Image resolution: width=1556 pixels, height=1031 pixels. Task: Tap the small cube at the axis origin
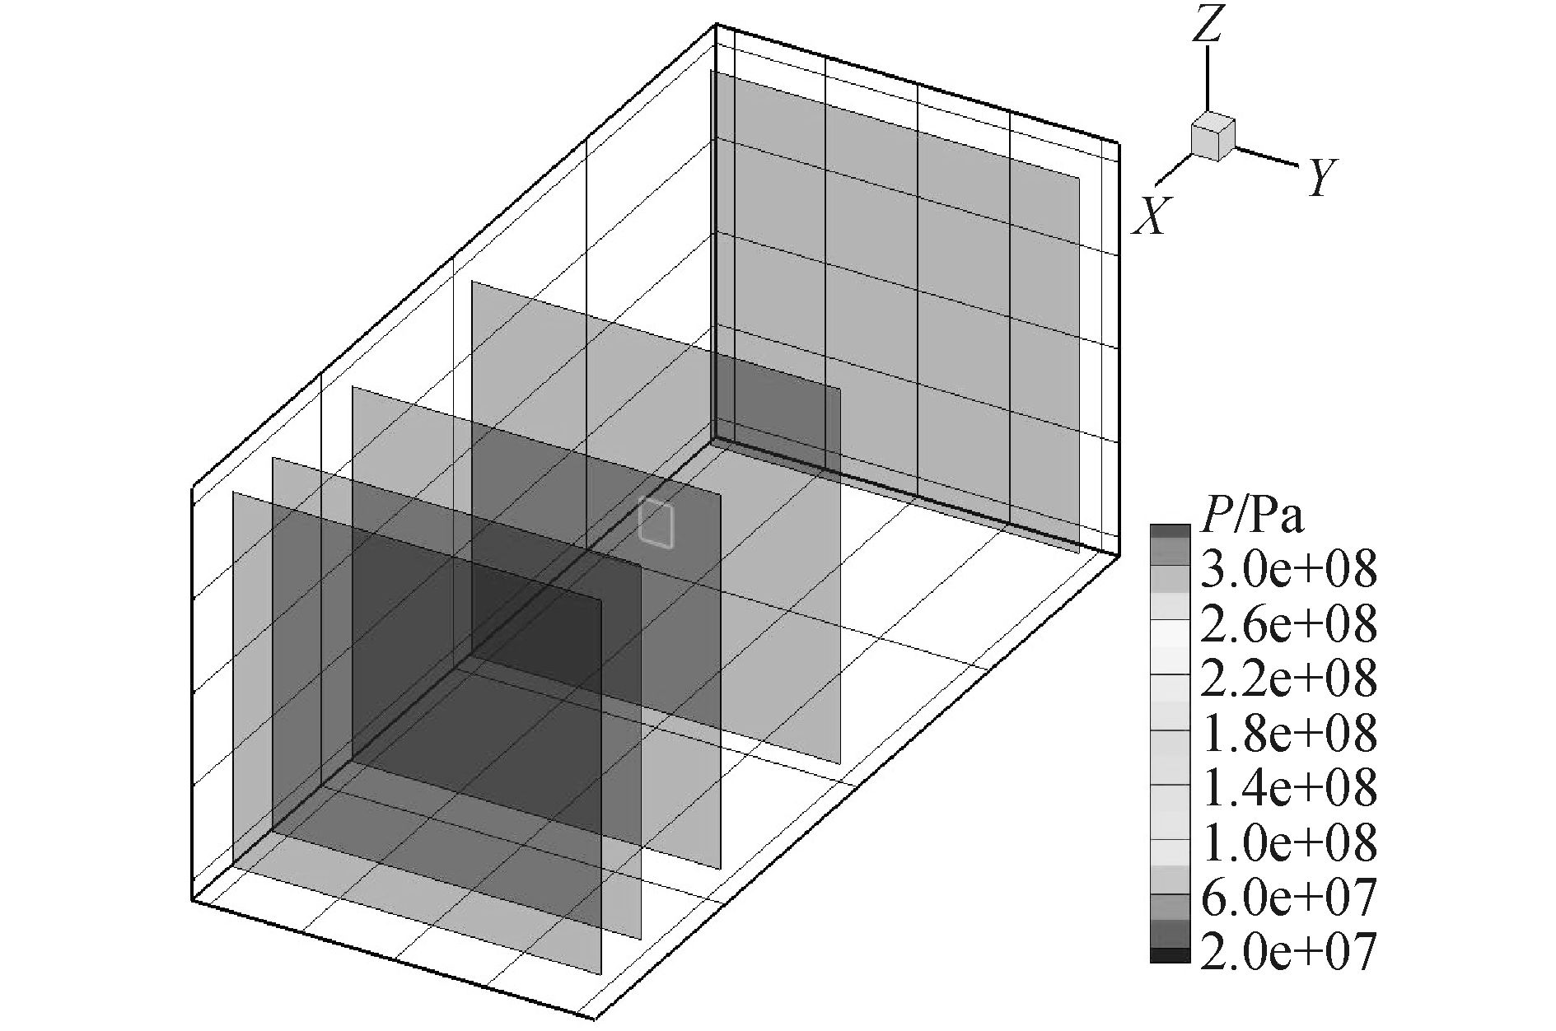[1213, 138]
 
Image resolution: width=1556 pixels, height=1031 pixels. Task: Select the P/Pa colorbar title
[1252, 517]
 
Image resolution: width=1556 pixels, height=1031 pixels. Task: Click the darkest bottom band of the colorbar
[1170, 955]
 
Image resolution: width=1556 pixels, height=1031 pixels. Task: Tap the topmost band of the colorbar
[1170, 531]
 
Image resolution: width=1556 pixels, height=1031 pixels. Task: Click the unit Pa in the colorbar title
[1277, 517]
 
